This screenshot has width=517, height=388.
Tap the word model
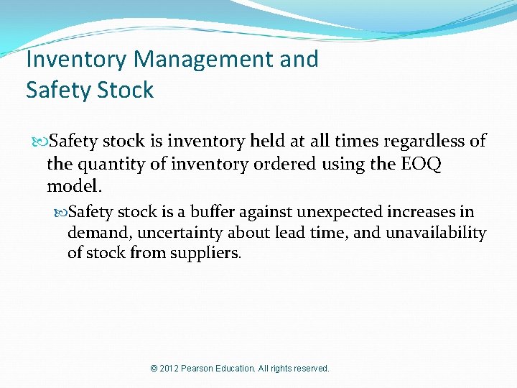tap(74, 187)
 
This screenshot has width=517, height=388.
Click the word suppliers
tap(206, 254)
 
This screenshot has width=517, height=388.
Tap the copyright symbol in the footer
tap(154, 369)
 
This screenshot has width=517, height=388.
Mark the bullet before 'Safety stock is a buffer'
tap(61, 212)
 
